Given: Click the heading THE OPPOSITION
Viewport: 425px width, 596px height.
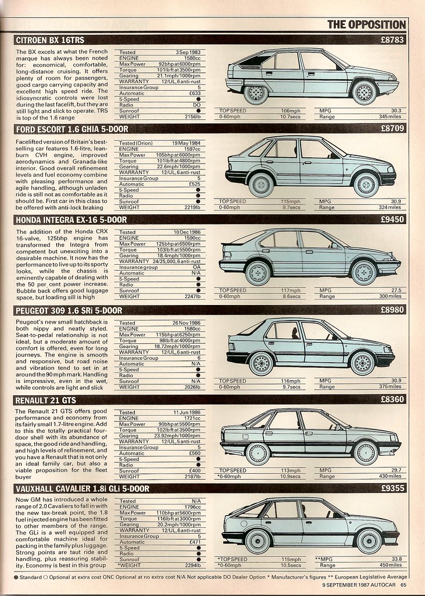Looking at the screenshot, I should pyautogui.click(x=366, y=24).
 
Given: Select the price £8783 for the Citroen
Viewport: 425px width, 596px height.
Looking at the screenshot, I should pyautogui.click(x=392, y=40).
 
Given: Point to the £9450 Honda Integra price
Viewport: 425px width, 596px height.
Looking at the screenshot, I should pyautogui.click(x=392, y=219).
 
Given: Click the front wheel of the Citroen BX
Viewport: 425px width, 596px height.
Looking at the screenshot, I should pyautogui.click(x=364, y=92).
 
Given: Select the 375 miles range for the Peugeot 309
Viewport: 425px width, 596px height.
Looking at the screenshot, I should pyautogui.click(x=391, y=386).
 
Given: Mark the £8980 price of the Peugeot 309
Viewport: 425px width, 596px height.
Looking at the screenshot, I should pyautogui.click(x=392, y=310).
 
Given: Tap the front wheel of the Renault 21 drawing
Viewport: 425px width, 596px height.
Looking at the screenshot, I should pyautogui.click(x=366, y=453).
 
